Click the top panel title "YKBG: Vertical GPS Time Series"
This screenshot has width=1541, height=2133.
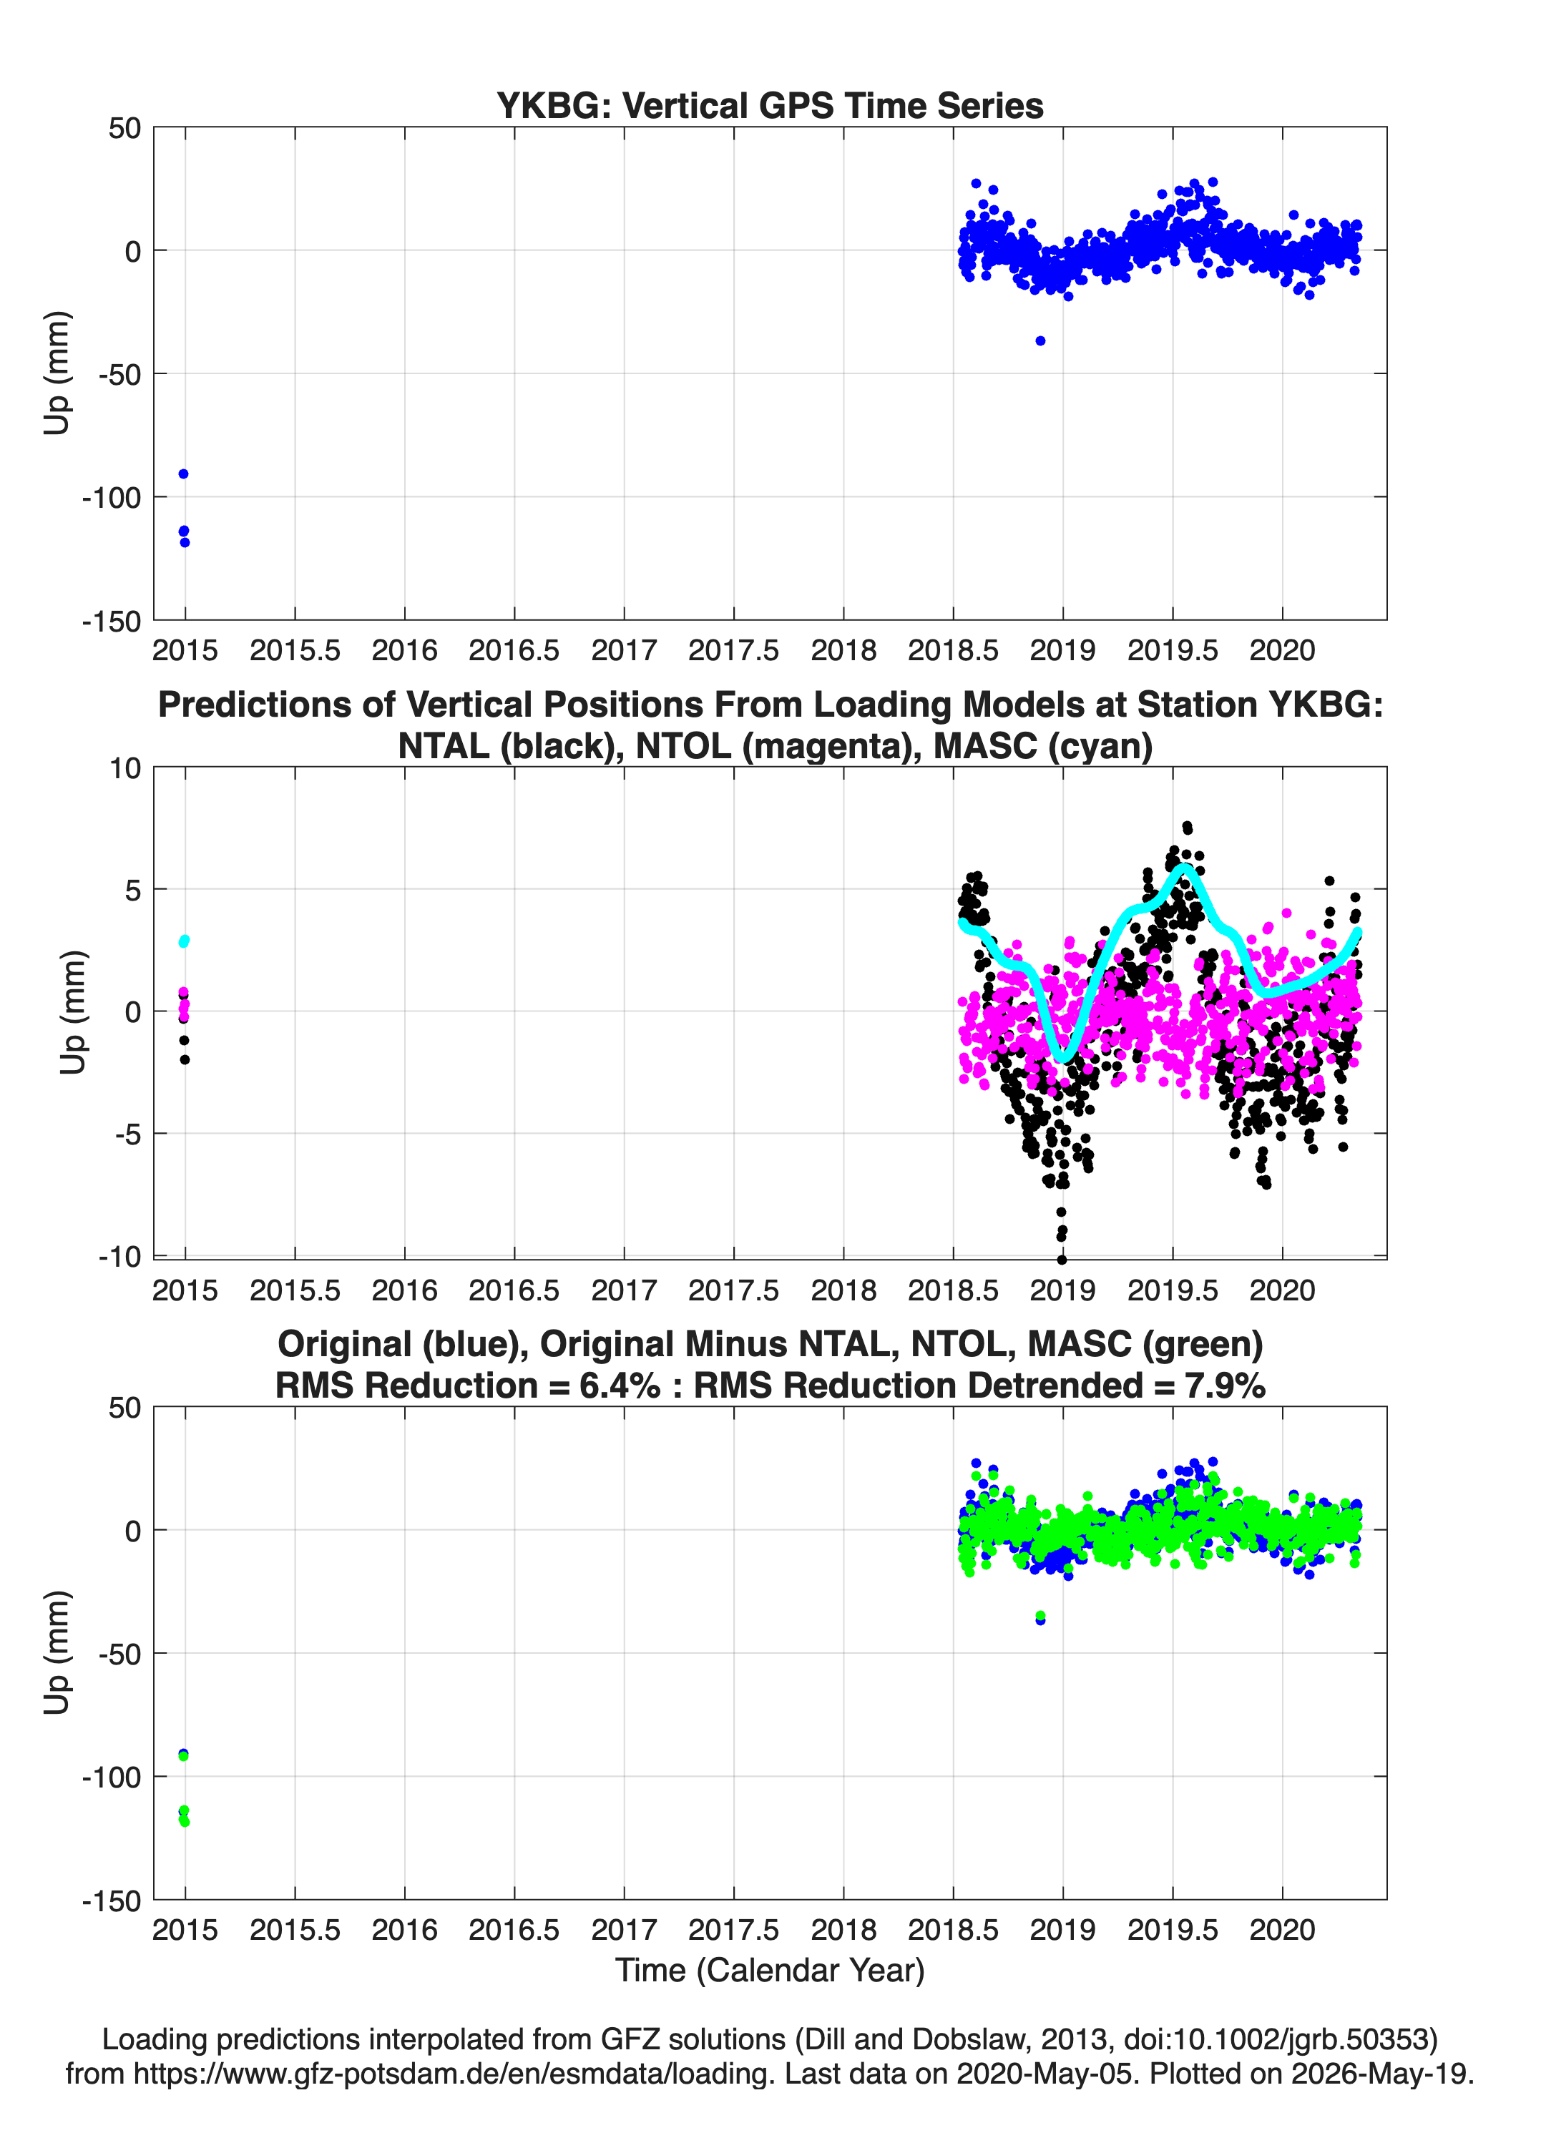pyautogui.click(x=770, y=105)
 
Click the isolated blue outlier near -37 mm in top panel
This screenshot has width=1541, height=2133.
pyautogui.click(x=1039, y=340)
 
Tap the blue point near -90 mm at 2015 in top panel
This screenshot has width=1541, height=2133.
pyautogui.click(x=183, y=474)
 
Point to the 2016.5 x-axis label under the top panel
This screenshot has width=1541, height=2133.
pyautogui.click(x=514, y=650)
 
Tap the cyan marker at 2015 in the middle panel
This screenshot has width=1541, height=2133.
pyautogui.click(x=185, y=941)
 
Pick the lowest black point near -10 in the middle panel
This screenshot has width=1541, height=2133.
pyautogui.click(x=1062, y=1260)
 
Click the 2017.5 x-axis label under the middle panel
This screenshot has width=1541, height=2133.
pyautogui.click(x=733, y=1290)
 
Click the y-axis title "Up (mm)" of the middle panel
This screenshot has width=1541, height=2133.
pyautogui.click(x=72, y=1012)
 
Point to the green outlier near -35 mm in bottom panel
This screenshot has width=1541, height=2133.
pyautogui.click(x=1039, y=1616)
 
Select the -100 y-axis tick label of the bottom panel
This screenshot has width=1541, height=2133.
pyautogui.click(x=111, y=1777)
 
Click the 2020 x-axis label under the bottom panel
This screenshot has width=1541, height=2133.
pyautogui.click(x=1281, y=1929)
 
